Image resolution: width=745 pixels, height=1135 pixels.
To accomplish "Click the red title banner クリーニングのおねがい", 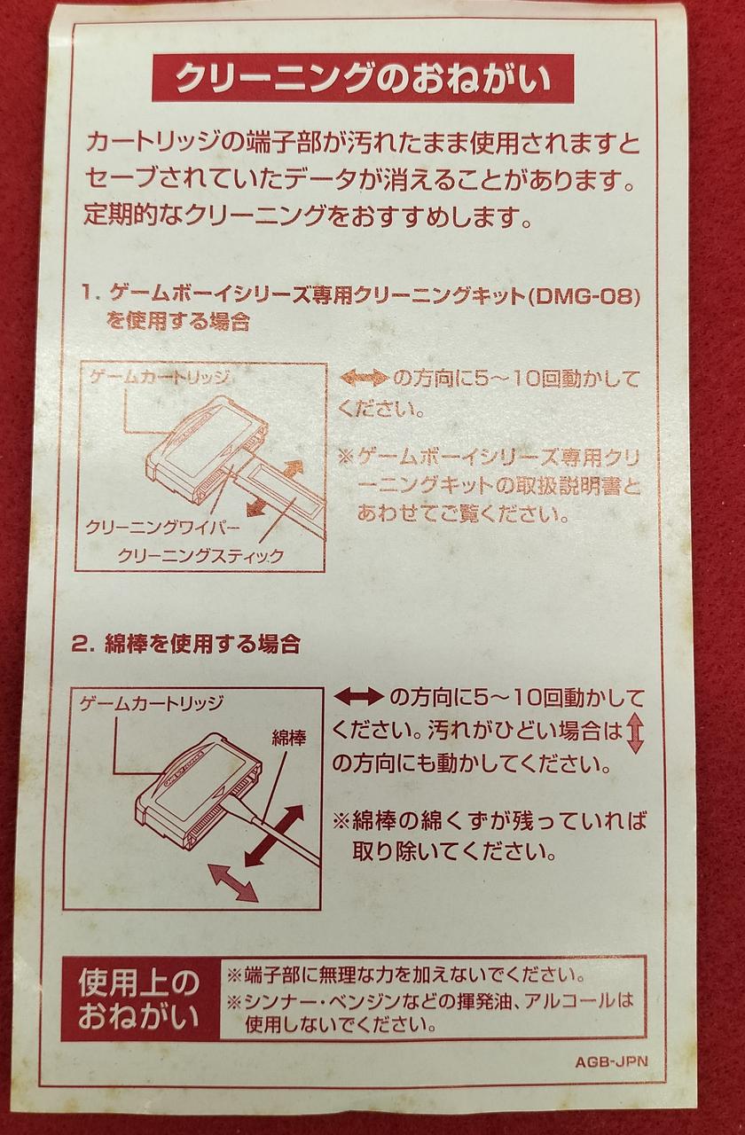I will pos(362,79).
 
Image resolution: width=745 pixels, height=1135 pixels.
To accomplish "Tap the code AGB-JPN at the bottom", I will pos(610,1061).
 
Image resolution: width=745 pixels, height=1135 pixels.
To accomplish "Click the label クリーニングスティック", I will pos(200,556).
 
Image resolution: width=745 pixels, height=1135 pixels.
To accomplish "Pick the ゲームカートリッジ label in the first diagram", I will pos(160,377).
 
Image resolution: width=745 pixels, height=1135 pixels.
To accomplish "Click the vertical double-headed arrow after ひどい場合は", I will pos(634,733).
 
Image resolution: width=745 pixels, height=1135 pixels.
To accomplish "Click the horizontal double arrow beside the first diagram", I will pos(364,379).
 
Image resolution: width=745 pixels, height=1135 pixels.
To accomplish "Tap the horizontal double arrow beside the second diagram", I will pos(358,696).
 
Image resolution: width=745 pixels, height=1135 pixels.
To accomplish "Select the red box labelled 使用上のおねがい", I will pos(138,998).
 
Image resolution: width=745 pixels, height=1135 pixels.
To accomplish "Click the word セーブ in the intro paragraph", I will pos(117,180).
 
